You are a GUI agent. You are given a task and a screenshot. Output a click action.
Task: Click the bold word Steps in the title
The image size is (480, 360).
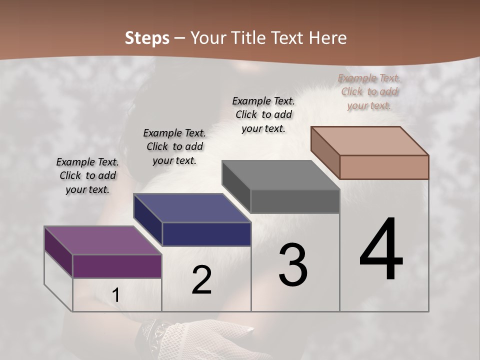tap(147, 38)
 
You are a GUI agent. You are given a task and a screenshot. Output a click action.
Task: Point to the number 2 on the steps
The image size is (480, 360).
tap(201, 280)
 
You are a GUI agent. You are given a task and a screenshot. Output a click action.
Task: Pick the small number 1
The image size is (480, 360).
tap(115, 295)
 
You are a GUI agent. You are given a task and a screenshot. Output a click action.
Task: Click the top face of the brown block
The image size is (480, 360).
tap(369, 141)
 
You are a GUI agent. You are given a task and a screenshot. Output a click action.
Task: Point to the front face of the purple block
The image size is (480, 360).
tap(117, 266)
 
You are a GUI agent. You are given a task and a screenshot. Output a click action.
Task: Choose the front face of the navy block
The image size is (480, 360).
tap(206, 234)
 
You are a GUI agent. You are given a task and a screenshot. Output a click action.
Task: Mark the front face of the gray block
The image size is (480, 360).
tap(295, 201)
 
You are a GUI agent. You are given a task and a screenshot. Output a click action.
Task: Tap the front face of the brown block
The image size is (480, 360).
tap(384, 167)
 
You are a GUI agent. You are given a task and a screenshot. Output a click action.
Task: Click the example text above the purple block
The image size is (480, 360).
tap(87, 175)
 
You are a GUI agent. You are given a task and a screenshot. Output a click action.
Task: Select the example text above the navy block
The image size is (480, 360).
tap(174, 146)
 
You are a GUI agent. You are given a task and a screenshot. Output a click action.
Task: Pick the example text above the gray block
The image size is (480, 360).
tap(263, 114)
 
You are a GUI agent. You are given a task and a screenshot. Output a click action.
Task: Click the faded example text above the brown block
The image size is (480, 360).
tap(369, 91)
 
